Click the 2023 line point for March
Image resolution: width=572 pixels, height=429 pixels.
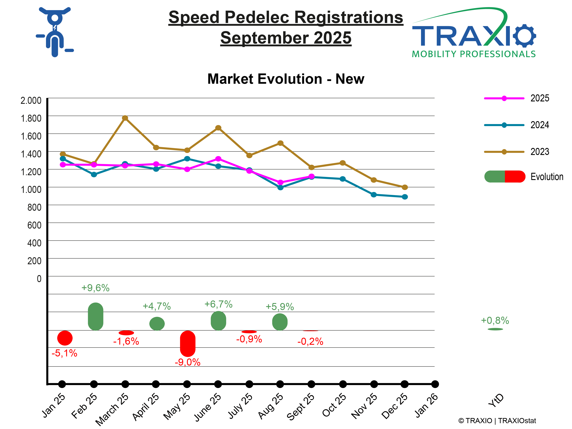coord(125,118)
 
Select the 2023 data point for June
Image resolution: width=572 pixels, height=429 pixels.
coord(218,128)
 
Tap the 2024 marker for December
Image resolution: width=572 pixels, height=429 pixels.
coord(405,197)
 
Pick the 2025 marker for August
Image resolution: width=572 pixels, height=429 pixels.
coord(280,182)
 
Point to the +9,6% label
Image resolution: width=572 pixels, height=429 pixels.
coord(95,288)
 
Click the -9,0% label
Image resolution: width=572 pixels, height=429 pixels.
coord(188,362)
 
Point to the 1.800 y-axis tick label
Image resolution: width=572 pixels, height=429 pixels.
coord(31,118)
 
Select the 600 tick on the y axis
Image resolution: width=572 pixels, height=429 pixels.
coord(34,225)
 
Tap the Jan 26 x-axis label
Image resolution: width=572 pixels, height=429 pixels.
coord(426,405)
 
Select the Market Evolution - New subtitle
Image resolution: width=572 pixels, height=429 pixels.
coord(286,79)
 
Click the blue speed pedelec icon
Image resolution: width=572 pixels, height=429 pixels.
coord(55,32)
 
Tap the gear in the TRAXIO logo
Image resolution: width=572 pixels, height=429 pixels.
coord(524,36)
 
